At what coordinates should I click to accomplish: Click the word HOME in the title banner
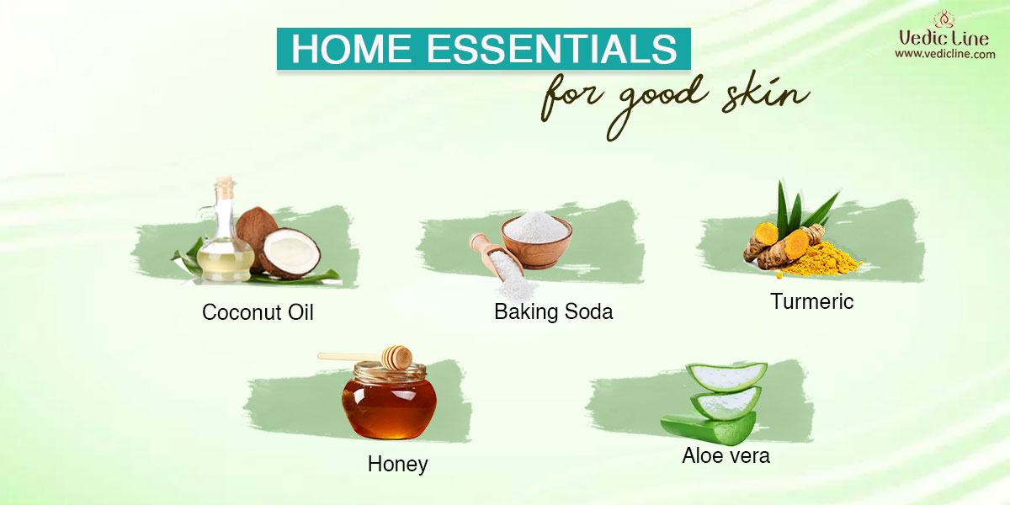[351, 48]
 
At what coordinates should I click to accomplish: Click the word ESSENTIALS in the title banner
[551, 48]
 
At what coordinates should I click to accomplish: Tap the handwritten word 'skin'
[765, 93]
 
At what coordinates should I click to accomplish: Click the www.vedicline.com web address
[944, 54]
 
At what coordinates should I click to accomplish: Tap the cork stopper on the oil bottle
[224, 186]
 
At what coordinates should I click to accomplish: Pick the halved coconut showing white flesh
[290, 252]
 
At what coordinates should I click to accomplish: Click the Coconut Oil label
[258, 312]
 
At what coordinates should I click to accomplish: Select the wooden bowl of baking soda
[537, 241]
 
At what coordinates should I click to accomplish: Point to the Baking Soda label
[553, 311]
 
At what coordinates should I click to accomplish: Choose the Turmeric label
[811, 301]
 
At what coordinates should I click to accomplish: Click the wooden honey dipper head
[396, 357]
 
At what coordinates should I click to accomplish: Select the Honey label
[397, 464]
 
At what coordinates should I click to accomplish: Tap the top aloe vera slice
[727, 376]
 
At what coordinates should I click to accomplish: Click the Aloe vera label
[726, 455]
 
